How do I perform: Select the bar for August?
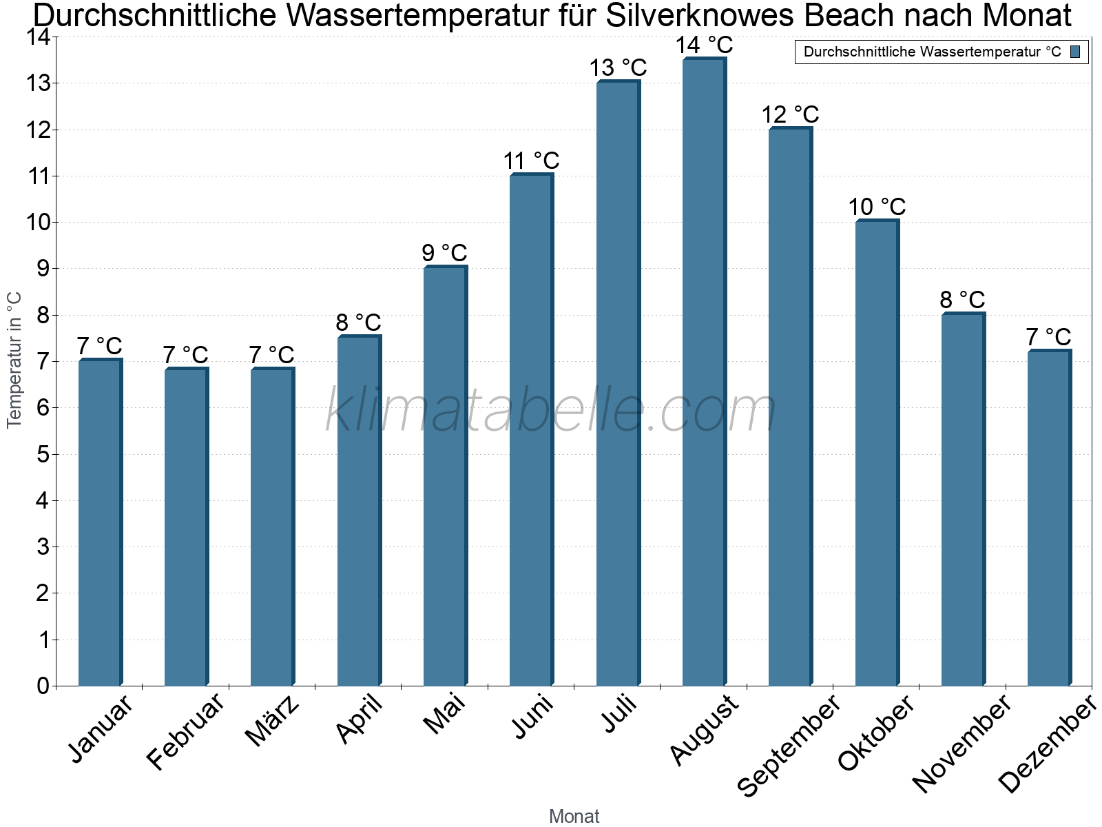[704, 372]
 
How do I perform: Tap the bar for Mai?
[445, 476]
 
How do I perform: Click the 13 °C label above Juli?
[618, 68]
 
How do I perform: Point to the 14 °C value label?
[704, 45]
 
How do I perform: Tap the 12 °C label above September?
[790, 114]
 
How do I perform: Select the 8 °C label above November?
[963, 300]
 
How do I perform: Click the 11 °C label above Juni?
[531, 161]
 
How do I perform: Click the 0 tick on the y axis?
[43, 686]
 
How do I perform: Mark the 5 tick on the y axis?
[43, 454]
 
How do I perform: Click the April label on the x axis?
[359, 719]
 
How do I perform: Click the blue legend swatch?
[1075, 52]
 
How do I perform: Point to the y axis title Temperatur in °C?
[14, 360]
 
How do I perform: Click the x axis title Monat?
[574, 817]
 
